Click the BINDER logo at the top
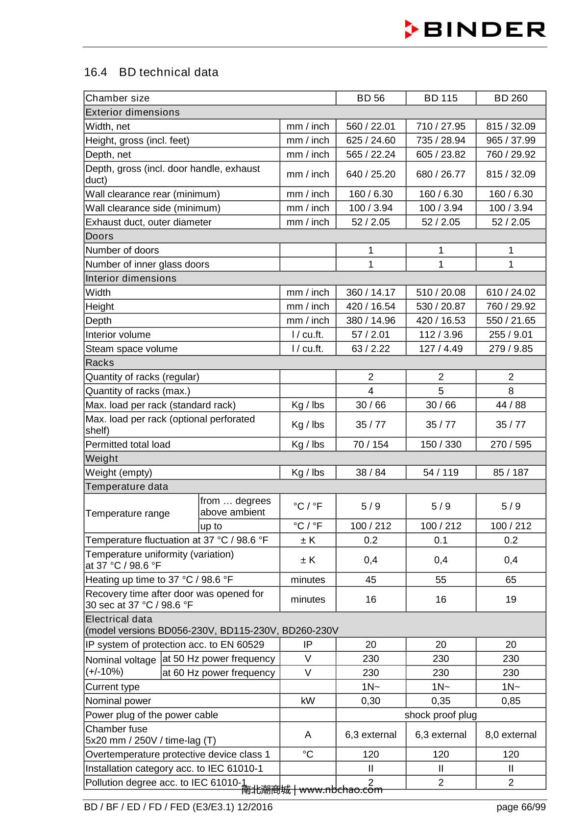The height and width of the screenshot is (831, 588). click(475, 29)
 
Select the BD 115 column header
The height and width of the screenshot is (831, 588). click(441, 98)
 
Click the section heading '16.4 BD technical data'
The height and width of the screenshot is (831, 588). click(151, 72)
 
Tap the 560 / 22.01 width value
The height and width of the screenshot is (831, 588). click(370, 126)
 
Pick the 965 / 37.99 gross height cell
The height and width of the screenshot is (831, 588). click(511, 141)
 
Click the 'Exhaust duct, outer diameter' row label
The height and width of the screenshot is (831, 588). click(148, 222)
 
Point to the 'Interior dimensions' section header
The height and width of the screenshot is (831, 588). click(131, 278)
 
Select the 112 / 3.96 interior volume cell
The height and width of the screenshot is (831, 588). click(441, 335)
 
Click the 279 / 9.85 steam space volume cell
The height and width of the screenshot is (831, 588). click(511, 349)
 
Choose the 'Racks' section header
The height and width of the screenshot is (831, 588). click(99, 363)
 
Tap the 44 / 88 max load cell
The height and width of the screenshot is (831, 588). click(511, 405)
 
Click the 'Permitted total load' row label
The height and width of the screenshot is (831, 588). click(128, 445)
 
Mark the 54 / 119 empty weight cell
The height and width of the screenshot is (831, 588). click(441, 473)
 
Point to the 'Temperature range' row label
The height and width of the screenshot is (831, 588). click(127, 513)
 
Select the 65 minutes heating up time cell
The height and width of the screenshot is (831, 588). click(511, 580)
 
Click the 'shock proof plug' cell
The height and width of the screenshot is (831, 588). click(441, 715)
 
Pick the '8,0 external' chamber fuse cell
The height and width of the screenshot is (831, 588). click(511, 735)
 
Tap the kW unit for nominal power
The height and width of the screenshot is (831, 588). click(308, 701)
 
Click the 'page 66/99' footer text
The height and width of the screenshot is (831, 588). click(521, 807)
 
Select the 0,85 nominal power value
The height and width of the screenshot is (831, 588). click(511, 701)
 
